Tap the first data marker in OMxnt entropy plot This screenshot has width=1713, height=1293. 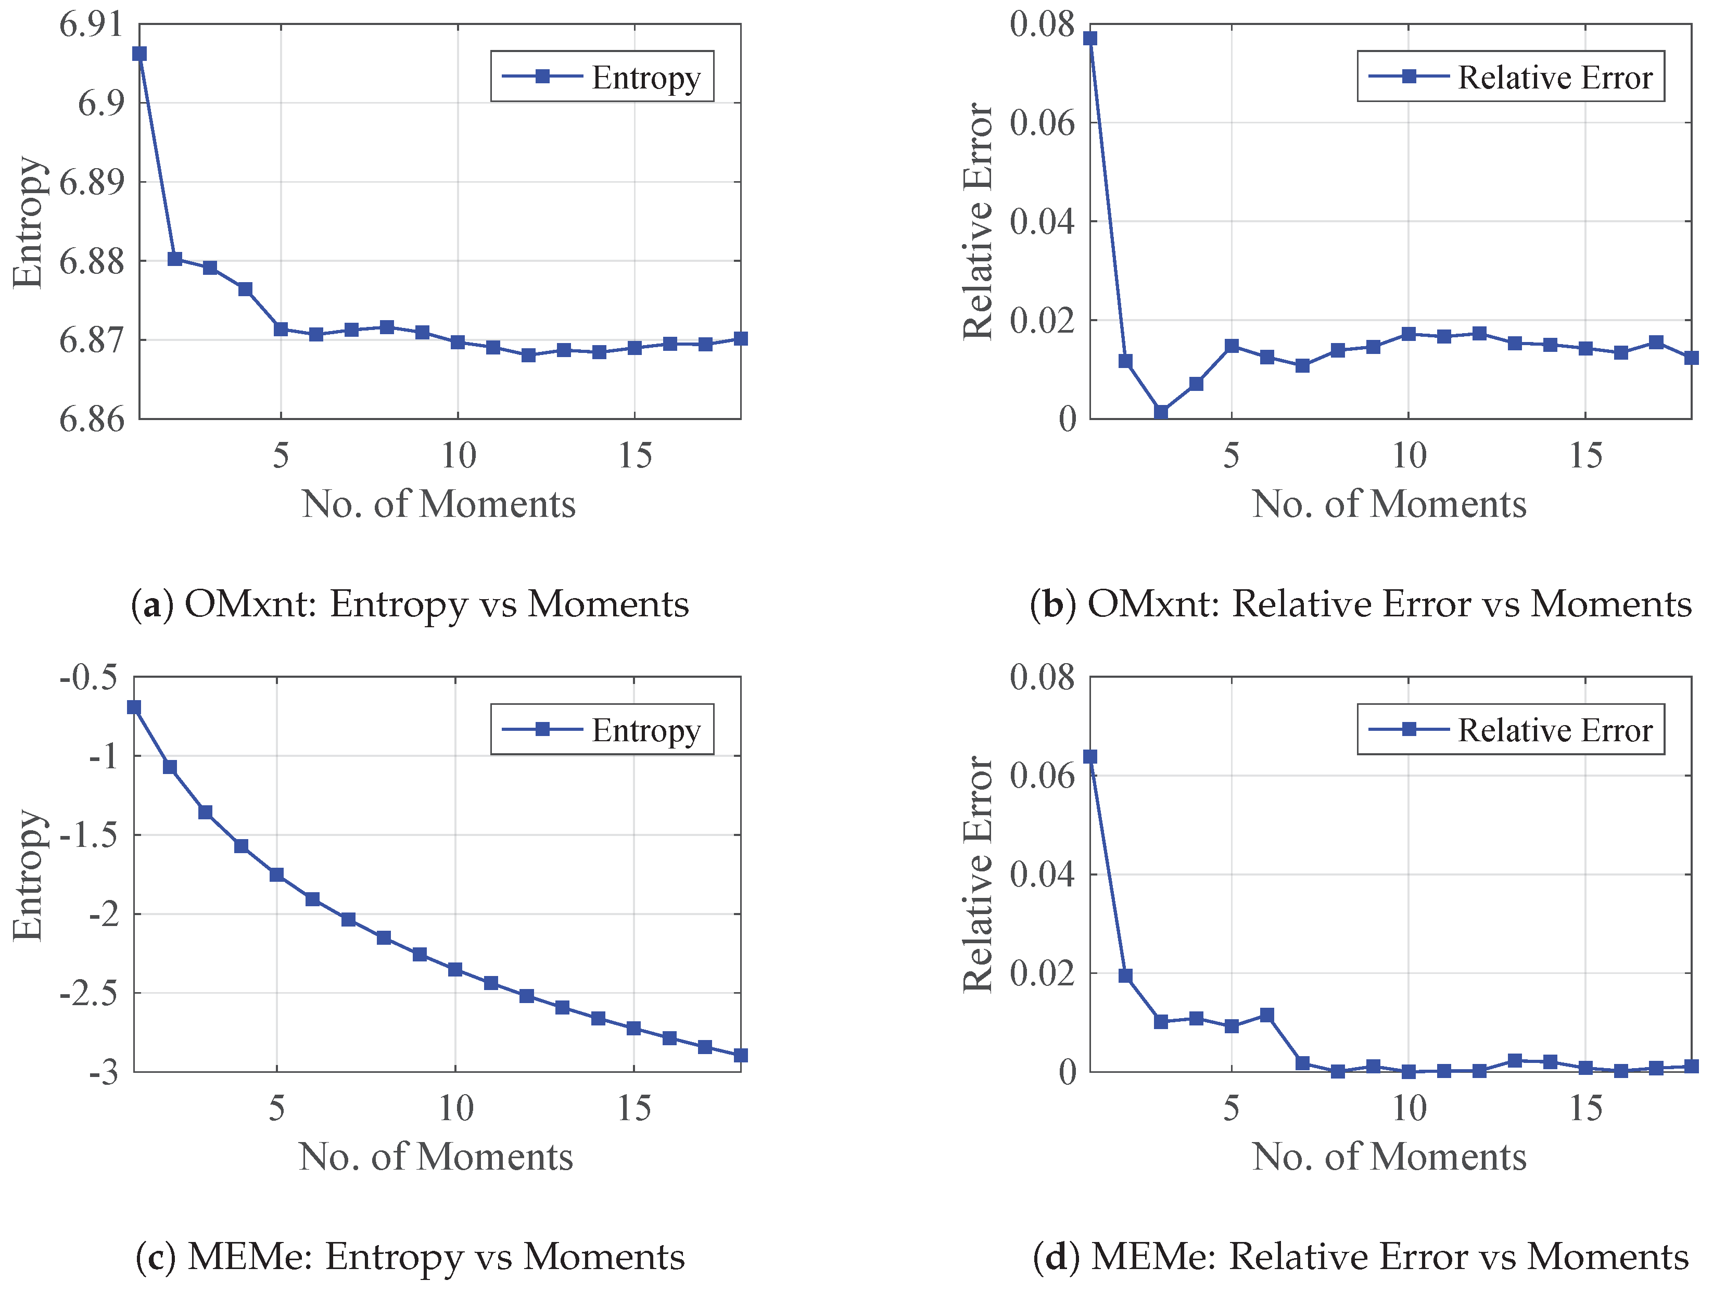click(x=139, y=54)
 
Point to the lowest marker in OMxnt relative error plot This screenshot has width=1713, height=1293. click(x=1161, y=413)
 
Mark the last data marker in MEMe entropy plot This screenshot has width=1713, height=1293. click(x=740, y=1055)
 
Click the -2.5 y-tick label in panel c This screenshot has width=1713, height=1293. click(x=88, y=993)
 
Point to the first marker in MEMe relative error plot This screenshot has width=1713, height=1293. click(x=1090, y=756)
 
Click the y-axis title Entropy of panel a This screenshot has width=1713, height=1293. click(x=29, y=222)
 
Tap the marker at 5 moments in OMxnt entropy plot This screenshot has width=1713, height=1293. click(x=281, y=329)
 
